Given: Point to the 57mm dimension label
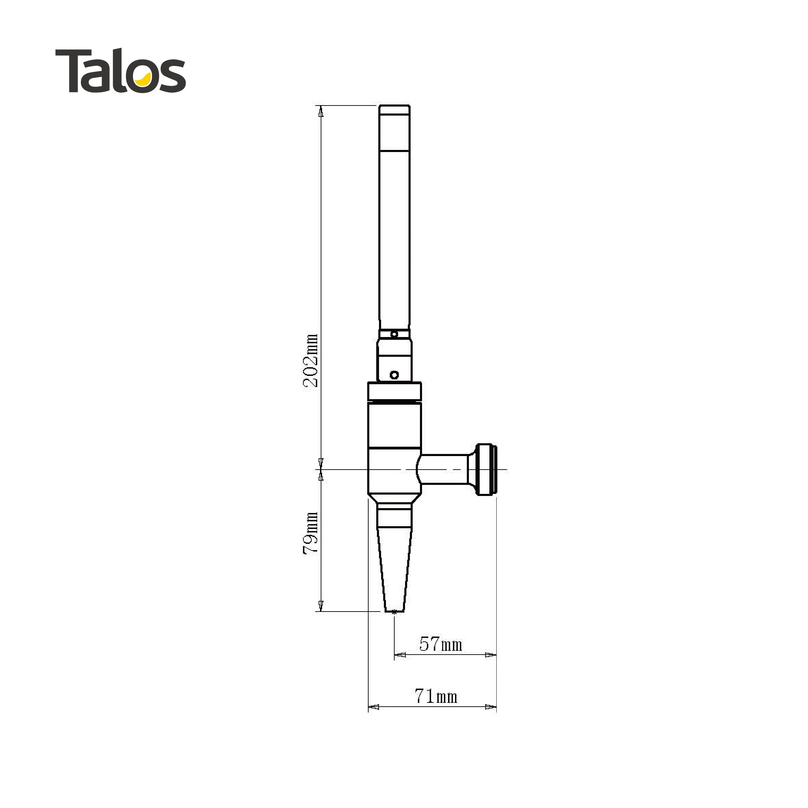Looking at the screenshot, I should [441, 645].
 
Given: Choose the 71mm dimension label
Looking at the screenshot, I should [436, 696].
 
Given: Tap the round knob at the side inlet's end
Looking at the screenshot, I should [486, 469].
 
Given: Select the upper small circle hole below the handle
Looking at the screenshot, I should [394, 334].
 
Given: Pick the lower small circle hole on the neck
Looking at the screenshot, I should [394, 375].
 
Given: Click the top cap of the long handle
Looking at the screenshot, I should [394, 110].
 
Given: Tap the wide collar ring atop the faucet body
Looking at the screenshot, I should [394, 392].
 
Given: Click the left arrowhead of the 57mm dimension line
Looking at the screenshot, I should [400, 655].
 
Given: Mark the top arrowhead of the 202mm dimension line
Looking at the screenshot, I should [321, 111].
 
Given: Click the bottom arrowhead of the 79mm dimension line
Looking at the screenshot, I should [321, 606].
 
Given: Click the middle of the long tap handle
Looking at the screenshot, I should [394, 234].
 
